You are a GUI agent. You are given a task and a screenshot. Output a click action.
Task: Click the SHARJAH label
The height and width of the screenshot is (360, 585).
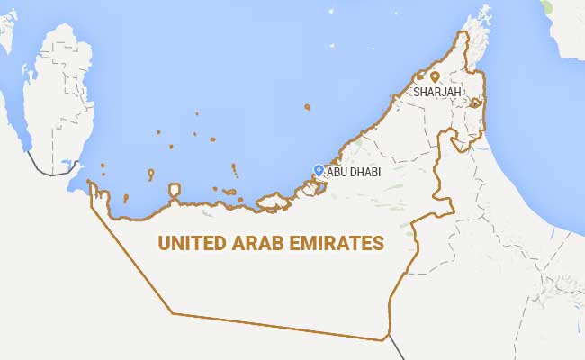click(438, 92)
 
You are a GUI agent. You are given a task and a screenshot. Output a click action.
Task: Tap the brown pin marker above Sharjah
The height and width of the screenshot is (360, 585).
click(435, 77)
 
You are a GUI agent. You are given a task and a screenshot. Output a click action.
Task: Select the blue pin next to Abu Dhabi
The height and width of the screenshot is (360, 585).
click(318, 168)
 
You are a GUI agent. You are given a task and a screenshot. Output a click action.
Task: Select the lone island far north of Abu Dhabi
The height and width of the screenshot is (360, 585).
click(307, 107)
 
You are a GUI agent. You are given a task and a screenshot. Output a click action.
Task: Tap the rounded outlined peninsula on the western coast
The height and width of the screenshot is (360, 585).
click(174, 192)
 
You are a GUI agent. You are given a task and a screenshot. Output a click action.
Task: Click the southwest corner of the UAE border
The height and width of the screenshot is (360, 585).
click(173, 313)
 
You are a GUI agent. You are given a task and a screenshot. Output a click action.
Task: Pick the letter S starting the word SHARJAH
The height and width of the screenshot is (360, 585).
click(417, 92)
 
